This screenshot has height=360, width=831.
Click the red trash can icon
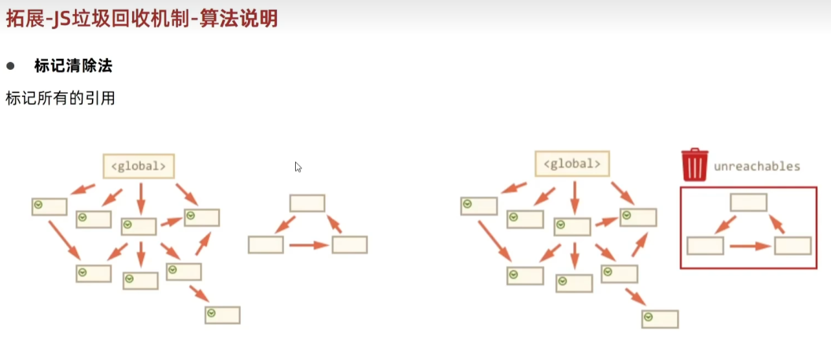coord(694,165)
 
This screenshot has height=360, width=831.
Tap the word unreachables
coord(757,166)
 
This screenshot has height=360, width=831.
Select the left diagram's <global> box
coord(138,166)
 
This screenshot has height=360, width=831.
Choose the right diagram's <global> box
coord(572,164)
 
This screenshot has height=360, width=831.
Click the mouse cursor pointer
coord(298,166)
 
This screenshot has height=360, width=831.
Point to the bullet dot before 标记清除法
coord(10,66)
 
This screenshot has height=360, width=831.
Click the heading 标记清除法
coord(73,66)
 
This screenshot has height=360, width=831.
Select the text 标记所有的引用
coord(60,98)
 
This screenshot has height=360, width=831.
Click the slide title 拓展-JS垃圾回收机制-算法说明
coord(142,18)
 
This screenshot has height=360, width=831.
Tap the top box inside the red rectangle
coord(748,203)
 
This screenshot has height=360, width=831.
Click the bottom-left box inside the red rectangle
coord(705,246)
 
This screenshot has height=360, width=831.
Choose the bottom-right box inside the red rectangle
coord(792,246)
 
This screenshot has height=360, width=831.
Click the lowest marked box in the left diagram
coord(223,315)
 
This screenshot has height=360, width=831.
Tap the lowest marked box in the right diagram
coord(659,319)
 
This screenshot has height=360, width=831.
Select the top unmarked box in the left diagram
coord(307,203)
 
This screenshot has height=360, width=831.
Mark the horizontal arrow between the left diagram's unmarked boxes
coord(308,245)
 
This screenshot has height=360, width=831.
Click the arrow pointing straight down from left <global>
coord(141,198)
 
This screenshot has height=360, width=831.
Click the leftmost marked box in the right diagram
coord(479,206)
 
